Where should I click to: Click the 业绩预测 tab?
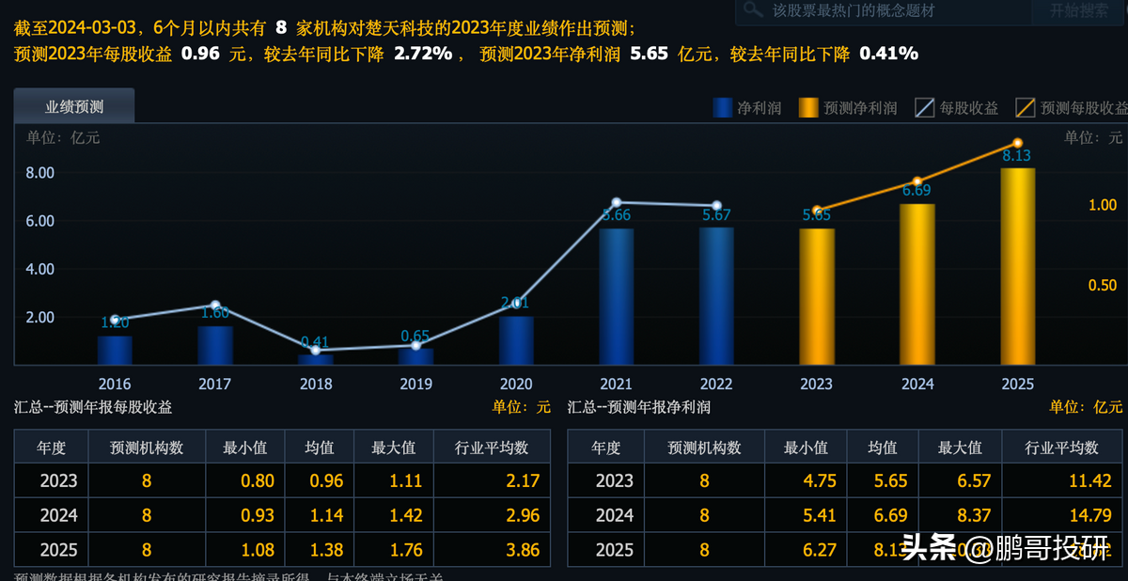pyautogui.click(x=74, y=106)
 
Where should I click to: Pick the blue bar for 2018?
pyautogui.click(x=316, y=359)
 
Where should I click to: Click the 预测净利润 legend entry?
pyautogui.click(x=848, y=108)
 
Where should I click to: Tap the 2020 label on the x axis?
pyautogui.click(x=516, y=384)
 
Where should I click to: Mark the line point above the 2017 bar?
pyautogui.click(x=215, y=306)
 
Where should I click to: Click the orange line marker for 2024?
pyautogui.click(x=917, y=181)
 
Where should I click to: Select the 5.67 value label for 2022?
pyautogui.click(x=716, y=215)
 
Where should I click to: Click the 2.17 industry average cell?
pyautogui.click(x=523, y=481)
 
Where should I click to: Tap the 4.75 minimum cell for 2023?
pyautogui.click(x=806, y=481)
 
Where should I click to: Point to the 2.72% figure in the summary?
pyautogui.click(x=424, y=54)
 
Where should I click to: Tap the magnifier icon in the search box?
pyautogui.click(x=752, y=10)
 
